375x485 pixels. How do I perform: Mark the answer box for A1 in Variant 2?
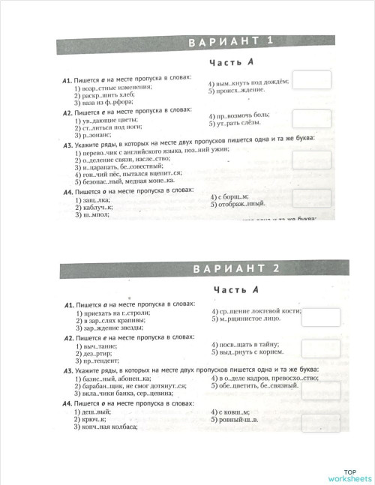pyautogui.click(x=321, y=317)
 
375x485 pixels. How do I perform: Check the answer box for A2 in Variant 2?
pyautogui.click(x=321, y=348)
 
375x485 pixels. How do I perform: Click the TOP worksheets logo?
pyautogui.click(x=350, y=475)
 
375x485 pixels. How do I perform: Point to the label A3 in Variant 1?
pyautogui.click(x=67, y=145)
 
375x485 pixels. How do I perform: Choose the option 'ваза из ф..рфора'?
pyautogui.click(x=106, y=103)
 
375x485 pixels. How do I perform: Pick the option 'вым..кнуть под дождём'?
pyautogui.click(x=247, y=83)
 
